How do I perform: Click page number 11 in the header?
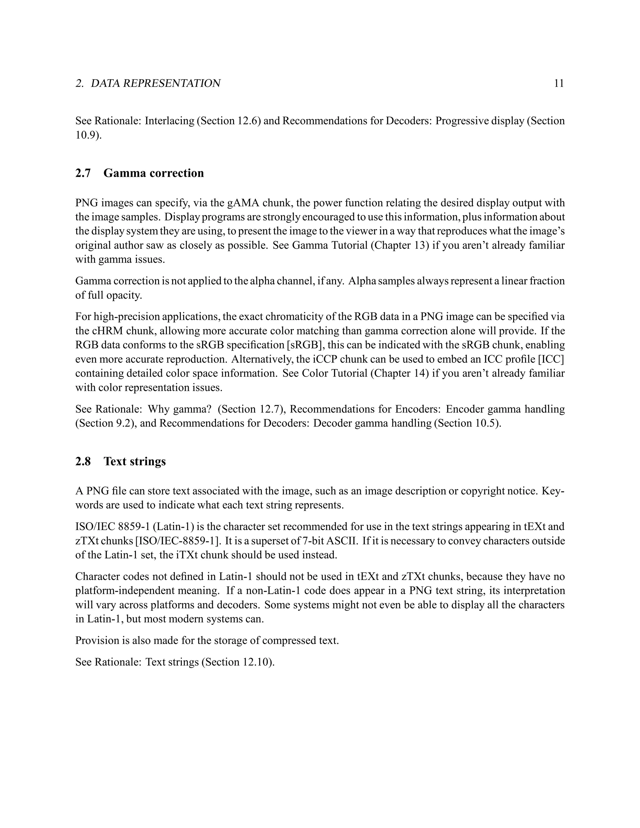click(x=559, y=83)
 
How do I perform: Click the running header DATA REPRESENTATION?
click(x=155, y=83)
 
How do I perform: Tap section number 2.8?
click(x=83, y=461)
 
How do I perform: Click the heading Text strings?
click(x=135, y=461)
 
